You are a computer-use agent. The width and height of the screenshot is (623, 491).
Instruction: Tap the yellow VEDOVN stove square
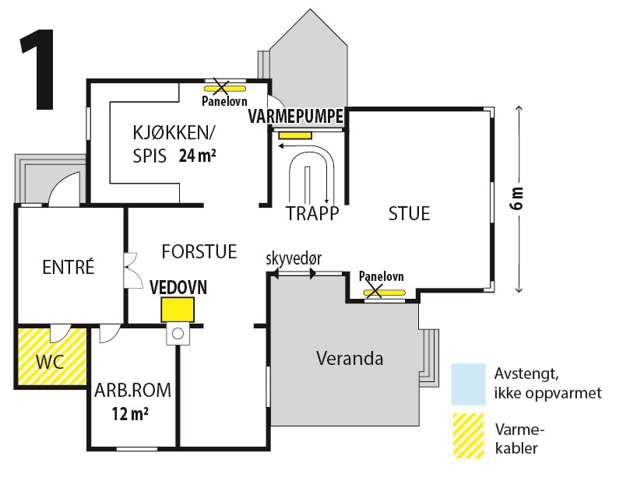(177, 310)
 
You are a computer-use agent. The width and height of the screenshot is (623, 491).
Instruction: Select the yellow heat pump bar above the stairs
(295, 135)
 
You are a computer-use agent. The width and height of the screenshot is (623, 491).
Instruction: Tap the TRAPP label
(306, 213)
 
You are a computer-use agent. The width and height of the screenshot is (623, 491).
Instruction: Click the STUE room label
(409, 213)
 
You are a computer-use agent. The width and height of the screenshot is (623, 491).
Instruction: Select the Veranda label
(350, 359)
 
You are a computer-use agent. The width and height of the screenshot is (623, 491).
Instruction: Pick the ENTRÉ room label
(68, 268)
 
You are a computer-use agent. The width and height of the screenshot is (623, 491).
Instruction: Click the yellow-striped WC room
(51, 357)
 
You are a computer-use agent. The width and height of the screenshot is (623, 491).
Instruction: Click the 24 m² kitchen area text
(197, 155)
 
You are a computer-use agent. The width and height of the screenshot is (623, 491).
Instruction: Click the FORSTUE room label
(199, 251)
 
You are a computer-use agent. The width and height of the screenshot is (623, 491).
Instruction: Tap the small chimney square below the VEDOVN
(177, 335)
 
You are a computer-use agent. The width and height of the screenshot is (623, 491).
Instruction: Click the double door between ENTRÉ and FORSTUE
(128, 270)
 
